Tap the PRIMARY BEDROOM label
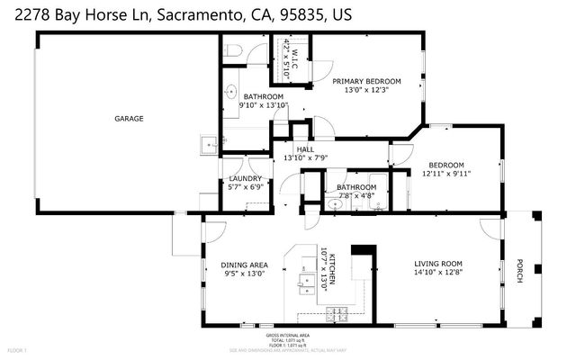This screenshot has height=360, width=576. (367, 81)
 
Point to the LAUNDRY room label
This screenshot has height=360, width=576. (244, 179)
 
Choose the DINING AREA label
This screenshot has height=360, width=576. (243, 265)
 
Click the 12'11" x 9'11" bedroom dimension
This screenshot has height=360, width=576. (446, 173)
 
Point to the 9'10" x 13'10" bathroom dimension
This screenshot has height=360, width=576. (263, 105)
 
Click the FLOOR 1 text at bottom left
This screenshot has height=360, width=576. (17, 349)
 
